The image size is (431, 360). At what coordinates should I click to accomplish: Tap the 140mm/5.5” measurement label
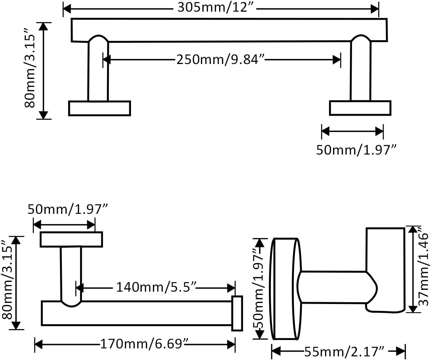click(x=155, y=288)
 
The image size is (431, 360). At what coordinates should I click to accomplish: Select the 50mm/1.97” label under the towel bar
click(x=356, y=150)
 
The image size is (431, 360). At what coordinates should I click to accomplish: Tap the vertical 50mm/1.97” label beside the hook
click(x=259, y=289)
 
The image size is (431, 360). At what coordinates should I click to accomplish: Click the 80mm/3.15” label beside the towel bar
click(x=30, y=71)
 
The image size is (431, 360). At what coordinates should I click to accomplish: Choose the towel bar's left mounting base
click(x=99, y=108)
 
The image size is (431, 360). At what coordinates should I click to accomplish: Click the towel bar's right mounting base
click(x=360, y=108)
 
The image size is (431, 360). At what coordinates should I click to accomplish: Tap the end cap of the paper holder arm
click(x=237, y=313)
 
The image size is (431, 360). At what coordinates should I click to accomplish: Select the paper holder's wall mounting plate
click(x=71, y=239)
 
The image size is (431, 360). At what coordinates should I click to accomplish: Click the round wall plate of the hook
click(x=286, y=289)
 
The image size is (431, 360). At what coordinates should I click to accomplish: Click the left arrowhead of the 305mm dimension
click(x=67, y=9)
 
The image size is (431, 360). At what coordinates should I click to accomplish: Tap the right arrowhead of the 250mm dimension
click(x=337, y=60)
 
